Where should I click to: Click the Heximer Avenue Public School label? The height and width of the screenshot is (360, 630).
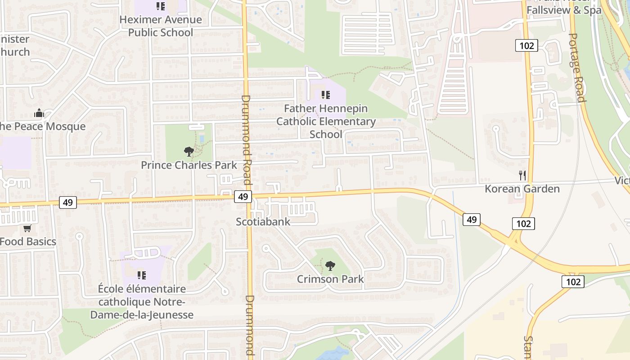(161, 26)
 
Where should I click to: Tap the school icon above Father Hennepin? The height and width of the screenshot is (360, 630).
(326, 95)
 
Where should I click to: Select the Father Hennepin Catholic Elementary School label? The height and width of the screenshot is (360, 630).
(326, 121)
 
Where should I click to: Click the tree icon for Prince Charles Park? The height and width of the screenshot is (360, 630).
(189, 152)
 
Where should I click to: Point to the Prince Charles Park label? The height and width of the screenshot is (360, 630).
(189, 165)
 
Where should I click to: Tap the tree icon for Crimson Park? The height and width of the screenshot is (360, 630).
(330, 265)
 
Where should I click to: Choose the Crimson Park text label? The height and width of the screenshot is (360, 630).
(330, 279)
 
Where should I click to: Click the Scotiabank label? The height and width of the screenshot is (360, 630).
(263, 221)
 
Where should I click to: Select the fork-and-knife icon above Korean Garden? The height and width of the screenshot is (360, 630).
(522, 175)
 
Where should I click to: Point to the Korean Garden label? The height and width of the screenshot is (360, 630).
(522, 189)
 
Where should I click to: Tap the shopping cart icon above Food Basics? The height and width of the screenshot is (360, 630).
(27, 229)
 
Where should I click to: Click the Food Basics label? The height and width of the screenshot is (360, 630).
(28, 242)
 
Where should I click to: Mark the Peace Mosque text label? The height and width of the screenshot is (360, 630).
(42, 126)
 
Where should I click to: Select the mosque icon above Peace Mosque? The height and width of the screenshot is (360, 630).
(39, 112)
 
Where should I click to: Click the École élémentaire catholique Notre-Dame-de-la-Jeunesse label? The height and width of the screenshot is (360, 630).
(142, 301)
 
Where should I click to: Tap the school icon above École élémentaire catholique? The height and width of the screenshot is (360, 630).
(141, 274)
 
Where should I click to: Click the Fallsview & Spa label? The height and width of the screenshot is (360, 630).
(564, 10)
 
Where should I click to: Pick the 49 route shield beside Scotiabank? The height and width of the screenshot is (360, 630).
(243, 197)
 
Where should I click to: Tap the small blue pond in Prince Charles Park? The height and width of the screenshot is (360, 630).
(201, 139)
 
